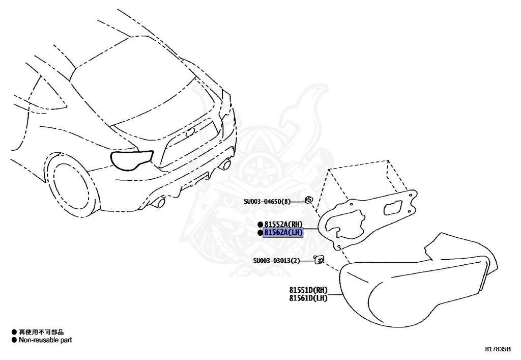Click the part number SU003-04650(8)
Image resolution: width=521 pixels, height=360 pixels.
267,202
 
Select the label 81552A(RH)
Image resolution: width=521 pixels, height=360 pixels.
283,225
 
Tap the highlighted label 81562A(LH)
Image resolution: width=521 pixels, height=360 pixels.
283,233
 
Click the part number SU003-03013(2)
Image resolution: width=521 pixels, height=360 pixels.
277,261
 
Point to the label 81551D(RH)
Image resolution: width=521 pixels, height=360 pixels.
308,291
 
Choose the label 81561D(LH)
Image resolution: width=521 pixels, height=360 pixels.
308,298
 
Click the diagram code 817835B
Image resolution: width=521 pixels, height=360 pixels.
498,349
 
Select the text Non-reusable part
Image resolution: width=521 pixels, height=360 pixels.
45,340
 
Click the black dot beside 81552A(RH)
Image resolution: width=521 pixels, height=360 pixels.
260,225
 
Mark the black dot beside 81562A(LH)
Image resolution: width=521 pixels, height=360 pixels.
260,233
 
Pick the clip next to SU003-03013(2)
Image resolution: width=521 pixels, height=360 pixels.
320,260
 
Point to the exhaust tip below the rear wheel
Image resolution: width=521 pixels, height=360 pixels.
160,203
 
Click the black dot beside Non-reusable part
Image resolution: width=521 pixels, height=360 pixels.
14,340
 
